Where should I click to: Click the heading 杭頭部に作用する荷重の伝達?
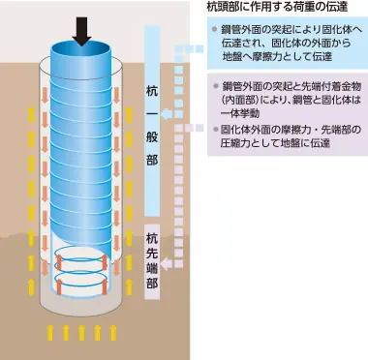pyautogui.click(x=278, y=8)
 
